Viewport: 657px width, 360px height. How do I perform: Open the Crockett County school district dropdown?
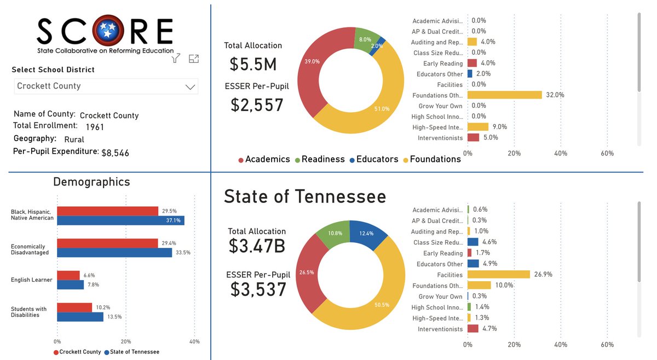coord(106,86)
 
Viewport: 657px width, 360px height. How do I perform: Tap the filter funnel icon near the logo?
coord(176,59)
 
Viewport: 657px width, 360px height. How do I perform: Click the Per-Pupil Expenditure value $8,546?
coord(115,153)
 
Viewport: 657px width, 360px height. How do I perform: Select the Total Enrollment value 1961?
coord(94,127)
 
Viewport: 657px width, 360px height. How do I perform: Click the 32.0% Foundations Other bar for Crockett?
coord(504,95)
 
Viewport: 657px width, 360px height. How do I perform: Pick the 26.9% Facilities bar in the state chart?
coord(499,275)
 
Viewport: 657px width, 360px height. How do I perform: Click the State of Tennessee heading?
coord(305,196)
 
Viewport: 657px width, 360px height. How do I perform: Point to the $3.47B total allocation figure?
coord(257,246)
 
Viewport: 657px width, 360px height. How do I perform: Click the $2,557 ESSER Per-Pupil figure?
coord(257,104)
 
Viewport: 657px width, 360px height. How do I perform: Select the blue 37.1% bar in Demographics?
coord(120,220)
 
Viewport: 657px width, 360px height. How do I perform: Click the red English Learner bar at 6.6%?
coord(68,275)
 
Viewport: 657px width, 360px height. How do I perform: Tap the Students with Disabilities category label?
coord(29,312)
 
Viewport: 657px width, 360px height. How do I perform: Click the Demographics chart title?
coord(91,182)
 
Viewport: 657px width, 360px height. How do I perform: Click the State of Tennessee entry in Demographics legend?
coord(134,352)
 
